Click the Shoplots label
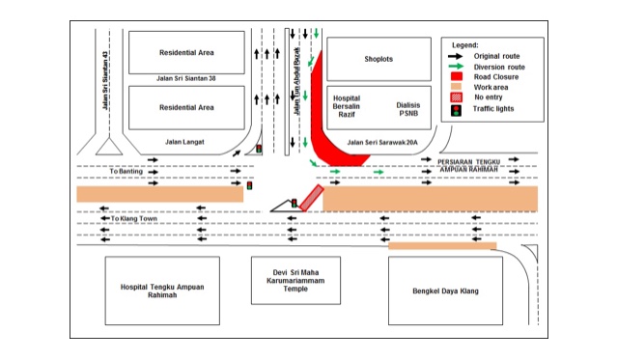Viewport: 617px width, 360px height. click(379, 59)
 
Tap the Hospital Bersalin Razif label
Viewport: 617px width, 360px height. click(347, 106)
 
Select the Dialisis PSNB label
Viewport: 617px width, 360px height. click(408, 109)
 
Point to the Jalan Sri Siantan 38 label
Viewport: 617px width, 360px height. click(185, 78)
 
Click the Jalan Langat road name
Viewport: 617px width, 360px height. click(184, 142)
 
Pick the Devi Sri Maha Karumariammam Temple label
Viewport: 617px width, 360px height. click(295, 281)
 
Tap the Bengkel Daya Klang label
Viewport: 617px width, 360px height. click(445, 291)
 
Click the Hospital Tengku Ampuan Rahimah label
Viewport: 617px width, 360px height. click(162, 291)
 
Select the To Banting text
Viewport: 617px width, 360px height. click(126, 172)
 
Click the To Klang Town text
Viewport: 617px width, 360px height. click(134, 218)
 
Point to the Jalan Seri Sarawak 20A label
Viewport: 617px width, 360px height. click(382, 143)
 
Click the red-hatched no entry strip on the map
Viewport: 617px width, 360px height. click(312, 198)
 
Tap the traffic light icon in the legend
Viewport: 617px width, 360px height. click(456, 110)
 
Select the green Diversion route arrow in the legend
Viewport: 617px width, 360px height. click(456, 67)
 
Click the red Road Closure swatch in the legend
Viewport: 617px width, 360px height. click(457, 76)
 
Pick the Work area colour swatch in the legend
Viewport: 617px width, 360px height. click(457, 87)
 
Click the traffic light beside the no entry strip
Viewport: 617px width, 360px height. click(294, 203)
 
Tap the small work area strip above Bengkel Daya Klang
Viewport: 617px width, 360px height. click(442, 246)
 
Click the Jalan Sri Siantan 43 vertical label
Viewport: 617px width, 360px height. click(104, 80)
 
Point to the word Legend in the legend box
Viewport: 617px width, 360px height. click(465, 45)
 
